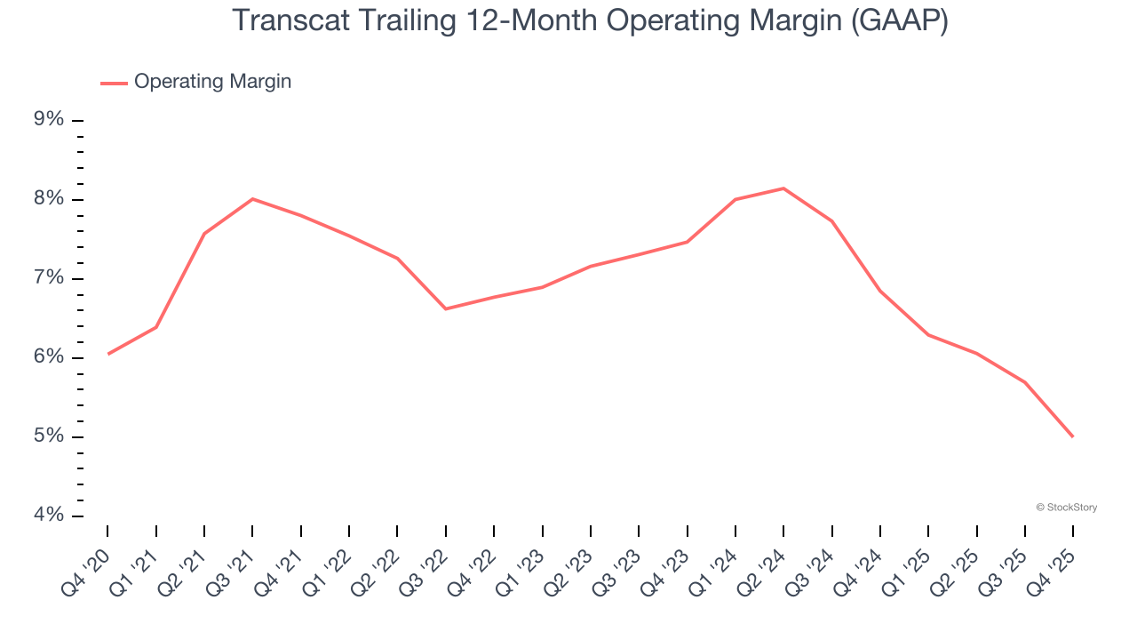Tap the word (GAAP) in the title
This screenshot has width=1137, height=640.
point(899,20)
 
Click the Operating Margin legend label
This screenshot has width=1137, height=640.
point(212,82)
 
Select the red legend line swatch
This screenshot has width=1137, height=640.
point(114,83)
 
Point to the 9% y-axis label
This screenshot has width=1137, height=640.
point(50,120)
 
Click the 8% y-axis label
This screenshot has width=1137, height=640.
point(50,199)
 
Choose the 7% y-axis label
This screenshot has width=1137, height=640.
point(50,278)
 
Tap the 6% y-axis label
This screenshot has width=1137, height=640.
point(50,357)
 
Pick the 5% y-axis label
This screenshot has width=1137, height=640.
point(50,436)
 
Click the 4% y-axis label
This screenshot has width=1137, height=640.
point(50,516)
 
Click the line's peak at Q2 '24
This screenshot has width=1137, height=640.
point(783,188)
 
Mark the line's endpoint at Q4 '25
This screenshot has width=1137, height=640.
point(1072,436)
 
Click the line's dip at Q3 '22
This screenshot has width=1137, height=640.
point(445,308)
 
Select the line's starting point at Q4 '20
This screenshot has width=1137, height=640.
point(108,354)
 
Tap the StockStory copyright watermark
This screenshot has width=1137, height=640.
point(1066,508)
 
